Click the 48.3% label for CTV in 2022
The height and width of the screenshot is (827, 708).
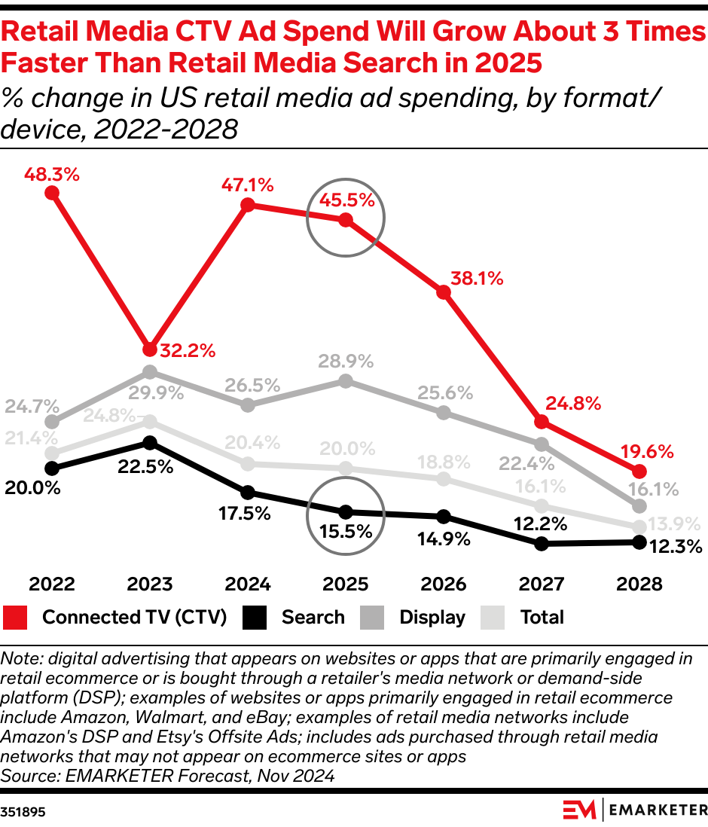[51, 174]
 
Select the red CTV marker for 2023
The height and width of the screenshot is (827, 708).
[150, 349]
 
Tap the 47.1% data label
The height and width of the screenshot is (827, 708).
[246, 185]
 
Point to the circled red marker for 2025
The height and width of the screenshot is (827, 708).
[346, 220]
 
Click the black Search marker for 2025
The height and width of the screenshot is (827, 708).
[346, 511]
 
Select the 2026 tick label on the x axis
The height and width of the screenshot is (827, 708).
[444, 584]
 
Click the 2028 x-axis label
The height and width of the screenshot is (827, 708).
[639, 584]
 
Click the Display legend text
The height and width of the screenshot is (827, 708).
[432, 618]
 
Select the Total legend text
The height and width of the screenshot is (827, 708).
[542, 618]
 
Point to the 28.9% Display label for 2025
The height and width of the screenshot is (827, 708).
[346, 362]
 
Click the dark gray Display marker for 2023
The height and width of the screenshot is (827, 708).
[150, 372]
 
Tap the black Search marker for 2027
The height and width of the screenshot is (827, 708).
[541, 544]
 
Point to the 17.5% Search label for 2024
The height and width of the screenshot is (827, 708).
[246, 514]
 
